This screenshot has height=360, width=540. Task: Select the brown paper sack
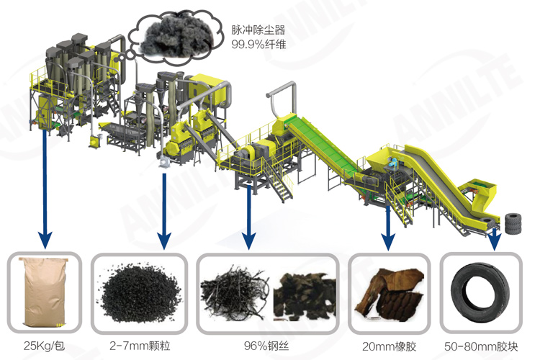45,291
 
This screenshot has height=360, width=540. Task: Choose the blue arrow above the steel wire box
249,216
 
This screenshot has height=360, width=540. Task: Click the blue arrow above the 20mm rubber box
388,220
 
